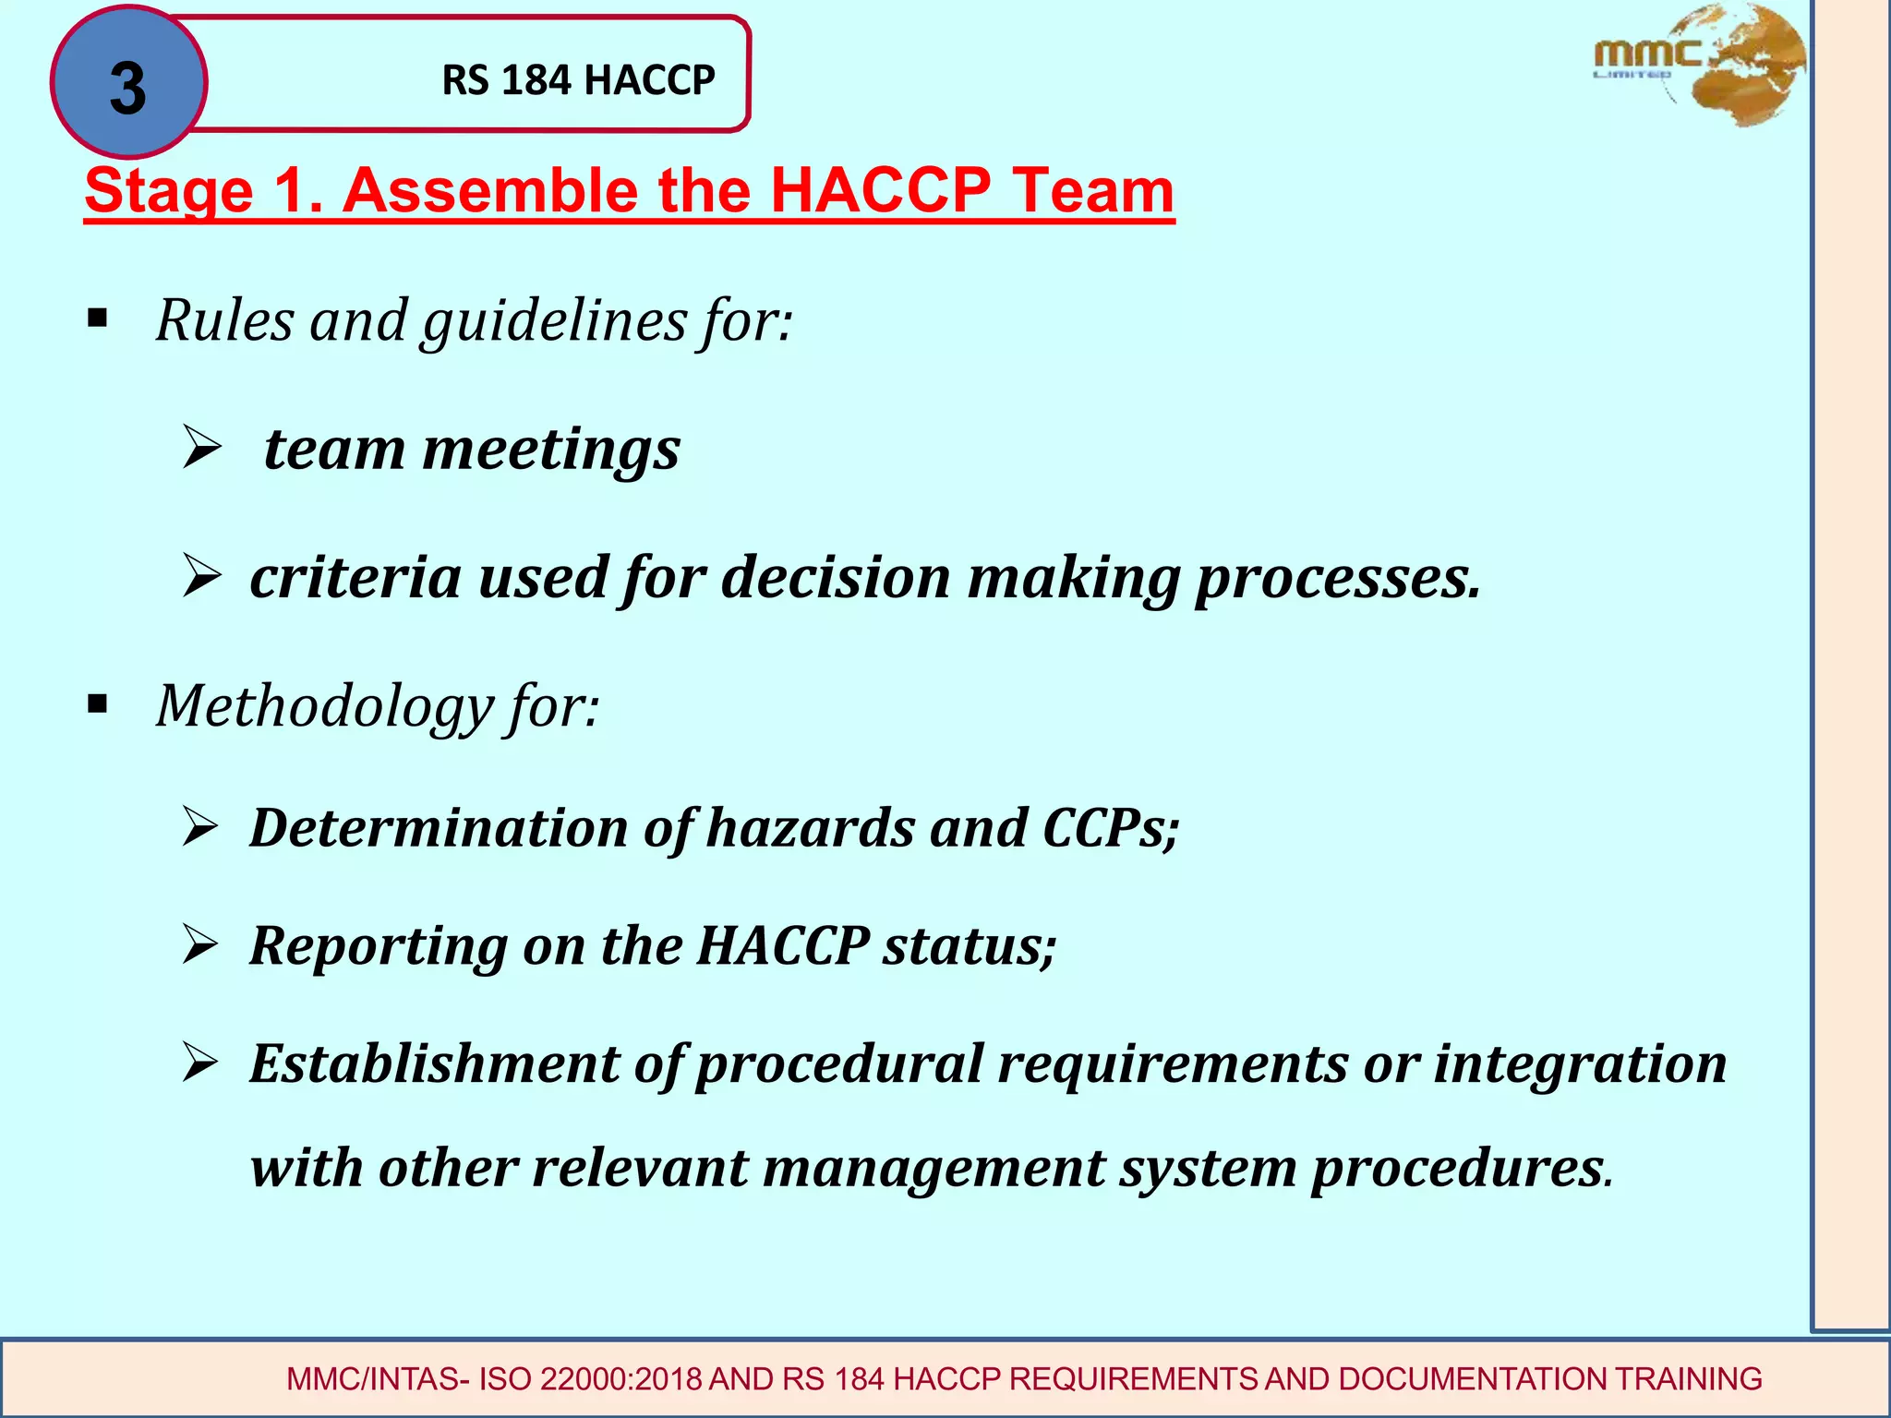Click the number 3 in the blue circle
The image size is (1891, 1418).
127,89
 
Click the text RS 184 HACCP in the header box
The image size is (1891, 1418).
578,80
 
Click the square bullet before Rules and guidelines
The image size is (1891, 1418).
97,319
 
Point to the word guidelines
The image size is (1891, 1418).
554,321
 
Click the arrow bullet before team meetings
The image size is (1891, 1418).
201,448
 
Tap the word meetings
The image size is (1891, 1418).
551,451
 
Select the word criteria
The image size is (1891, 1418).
355,578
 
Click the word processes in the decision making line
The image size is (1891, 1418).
1337,578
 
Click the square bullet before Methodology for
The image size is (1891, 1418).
97,705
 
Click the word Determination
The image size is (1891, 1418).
440,827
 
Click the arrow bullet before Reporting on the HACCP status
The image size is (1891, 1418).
199,944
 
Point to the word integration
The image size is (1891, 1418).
1579,1063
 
